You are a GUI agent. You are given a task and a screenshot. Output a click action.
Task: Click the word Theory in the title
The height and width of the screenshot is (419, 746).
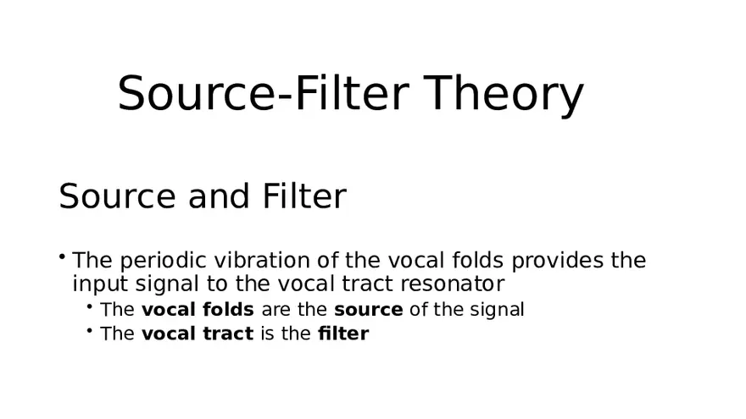505,93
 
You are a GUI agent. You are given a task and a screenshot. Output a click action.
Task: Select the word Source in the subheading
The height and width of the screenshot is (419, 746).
116,196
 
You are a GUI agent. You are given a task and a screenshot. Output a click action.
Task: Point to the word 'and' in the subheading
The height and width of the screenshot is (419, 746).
215,196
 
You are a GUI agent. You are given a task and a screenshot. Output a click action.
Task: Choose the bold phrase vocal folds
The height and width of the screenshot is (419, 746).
198,310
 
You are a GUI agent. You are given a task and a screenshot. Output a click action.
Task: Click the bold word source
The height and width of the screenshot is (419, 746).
369,310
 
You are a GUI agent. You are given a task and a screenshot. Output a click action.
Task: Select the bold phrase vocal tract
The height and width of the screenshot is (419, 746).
198,334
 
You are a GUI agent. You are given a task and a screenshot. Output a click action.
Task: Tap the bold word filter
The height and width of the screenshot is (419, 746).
343,334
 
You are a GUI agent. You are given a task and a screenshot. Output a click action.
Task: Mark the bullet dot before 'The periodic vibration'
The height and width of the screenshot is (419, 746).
63,256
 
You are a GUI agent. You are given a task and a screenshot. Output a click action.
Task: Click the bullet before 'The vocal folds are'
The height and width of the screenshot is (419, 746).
90,306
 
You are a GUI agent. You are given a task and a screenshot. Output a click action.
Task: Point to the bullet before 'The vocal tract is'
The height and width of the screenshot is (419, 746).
90,330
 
